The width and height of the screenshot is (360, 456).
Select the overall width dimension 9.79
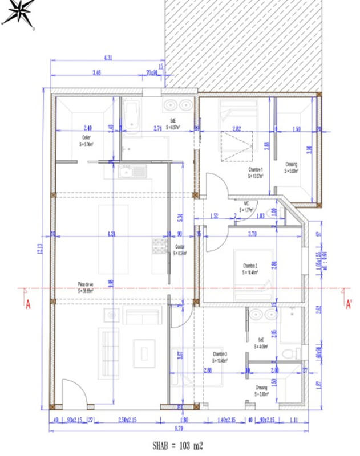click(178, 427)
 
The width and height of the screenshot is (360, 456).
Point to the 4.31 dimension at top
click(107, 58)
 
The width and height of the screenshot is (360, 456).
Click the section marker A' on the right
click(348, 304)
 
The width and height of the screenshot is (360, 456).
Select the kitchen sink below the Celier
click(132, 170)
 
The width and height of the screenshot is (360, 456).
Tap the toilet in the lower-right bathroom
click(292, 352)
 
